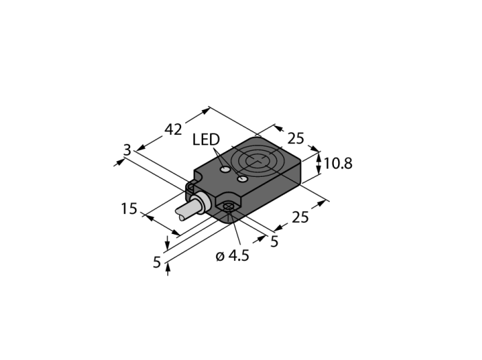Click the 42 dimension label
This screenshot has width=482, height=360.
click(174, 129)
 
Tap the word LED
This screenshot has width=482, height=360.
click(206, 140)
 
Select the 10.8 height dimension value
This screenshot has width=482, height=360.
click(338, 163)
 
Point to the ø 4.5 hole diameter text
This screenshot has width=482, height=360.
click(233, 256)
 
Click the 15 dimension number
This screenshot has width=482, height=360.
click(129, 209)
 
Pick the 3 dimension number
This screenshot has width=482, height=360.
click(127, 150)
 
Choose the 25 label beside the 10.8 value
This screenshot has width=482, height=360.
click(295, 138)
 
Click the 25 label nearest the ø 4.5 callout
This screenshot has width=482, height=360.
click(300, 218)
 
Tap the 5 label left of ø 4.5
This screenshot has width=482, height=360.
click(157, 262)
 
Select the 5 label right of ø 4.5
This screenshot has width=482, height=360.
click(274, 242)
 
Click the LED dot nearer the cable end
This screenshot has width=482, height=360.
click(225, 169)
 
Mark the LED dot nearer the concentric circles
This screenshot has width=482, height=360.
click(243, 179)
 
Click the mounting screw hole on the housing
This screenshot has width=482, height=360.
click(229, 207)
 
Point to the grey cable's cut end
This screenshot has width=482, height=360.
click(180, 214)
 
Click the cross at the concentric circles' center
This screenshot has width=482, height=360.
click(257, 160)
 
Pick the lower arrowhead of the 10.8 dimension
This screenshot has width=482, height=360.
click(319, 170)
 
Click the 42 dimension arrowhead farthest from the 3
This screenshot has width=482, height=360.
click(206, 111)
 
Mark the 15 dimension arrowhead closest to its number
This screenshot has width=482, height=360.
click(149, 217)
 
